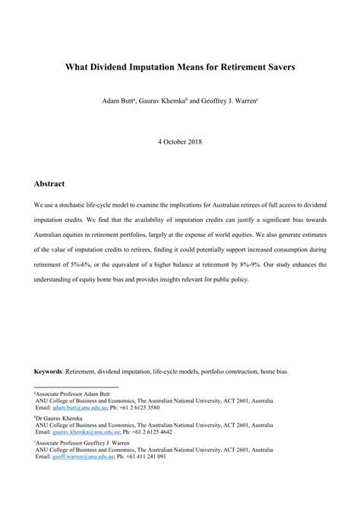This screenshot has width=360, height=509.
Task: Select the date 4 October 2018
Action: pyautogui.click(x=179, y=142)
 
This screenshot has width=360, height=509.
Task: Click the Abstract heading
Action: pyautogui.click(x=49, y=184)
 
